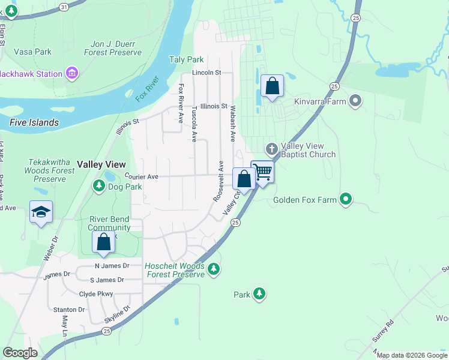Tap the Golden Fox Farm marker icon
(345, 199)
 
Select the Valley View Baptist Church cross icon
(271, 148)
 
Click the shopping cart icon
(263, 172)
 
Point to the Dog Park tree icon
(98, 187)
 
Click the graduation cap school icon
(41, 212)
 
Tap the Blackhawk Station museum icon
(72, 74)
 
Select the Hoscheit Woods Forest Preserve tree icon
(212, 271)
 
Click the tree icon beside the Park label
(259, 294)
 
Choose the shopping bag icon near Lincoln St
(272, 86)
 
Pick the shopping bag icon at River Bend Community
(104, 242)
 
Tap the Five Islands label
(34, 122)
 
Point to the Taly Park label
(187, 59)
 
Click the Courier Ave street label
(141, 176)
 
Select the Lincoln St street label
(207, 73)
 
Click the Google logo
(20, 352)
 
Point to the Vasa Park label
(32, 52)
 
